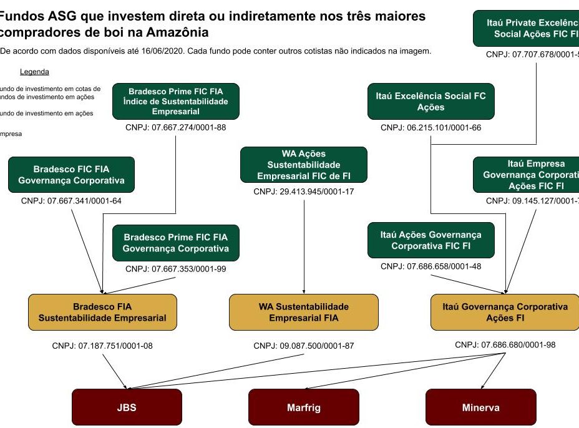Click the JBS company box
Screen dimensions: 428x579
point(127,408)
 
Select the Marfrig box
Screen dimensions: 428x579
point(303,408)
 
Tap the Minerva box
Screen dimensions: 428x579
point(480,408)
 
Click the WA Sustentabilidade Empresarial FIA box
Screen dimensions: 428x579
point(303,313)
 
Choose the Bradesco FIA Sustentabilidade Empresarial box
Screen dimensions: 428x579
point(102,313)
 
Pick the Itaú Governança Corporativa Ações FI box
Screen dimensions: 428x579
point(505,313)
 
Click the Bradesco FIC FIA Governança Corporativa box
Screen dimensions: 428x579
point(71,175)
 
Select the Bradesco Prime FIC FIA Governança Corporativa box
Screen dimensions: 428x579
point(175,243)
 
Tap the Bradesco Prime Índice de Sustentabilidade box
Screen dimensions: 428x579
point(175,101)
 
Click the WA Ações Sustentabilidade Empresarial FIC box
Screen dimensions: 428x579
point(303,165)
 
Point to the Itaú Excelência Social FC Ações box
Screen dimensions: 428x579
point(431,102)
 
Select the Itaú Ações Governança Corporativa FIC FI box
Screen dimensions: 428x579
point(431,240)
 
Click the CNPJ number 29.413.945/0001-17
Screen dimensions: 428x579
point(303,192)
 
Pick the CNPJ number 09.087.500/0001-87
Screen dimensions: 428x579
point(303,346)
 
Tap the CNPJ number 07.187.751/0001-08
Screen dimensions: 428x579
point(102,346)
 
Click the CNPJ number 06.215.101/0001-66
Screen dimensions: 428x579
point(431,128)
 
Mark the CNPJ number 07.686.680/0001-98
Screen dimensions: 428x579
point(505,344)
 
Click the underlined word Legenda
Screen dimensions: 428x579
point(34,72)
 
